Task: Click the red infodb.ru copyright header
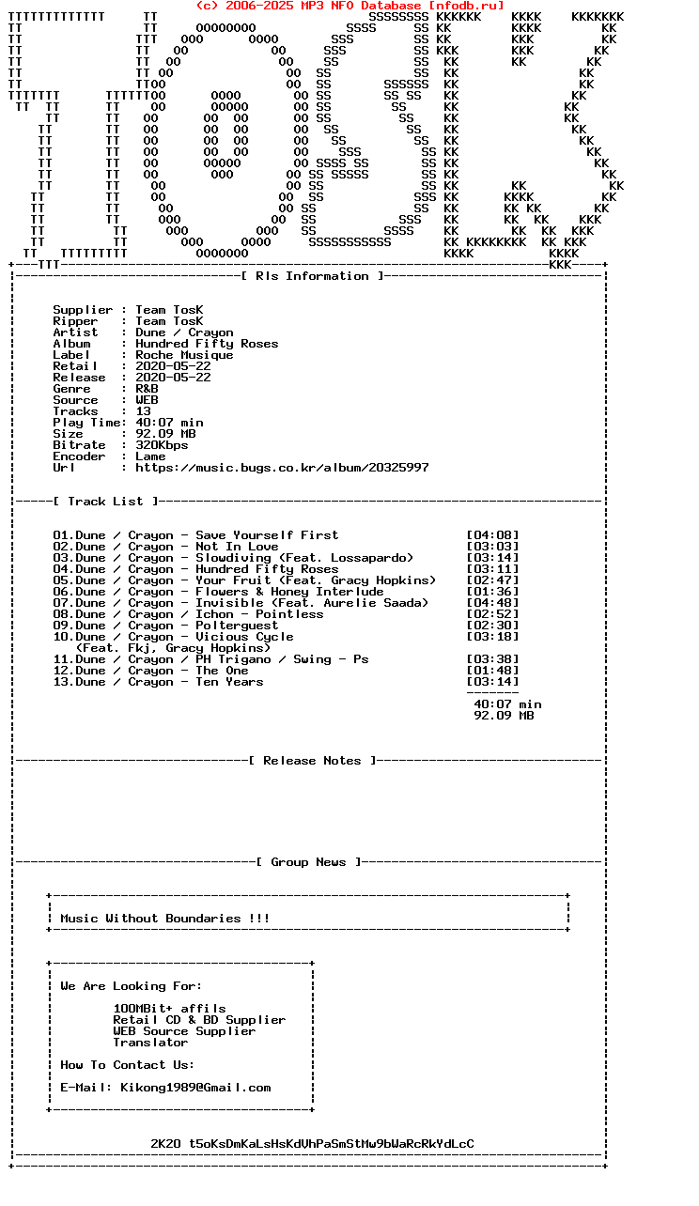[349, 6]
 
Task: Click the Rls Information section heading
[312, 276]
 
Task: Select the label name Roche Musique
[184, 355]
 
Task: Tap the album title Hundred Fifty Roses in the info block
[207, 344]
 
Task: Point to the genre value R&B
[147, 389]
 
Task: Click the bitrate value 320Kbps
[162, 445]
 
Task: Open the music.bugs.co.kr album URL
[282, 468]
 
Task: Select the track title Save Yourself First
[267, 535]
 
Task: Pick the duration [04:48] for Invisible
[492, 603]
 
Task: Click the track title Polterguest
[237, 626]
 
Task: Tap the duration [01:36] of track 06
[492, 592]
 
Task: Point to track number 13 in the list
[63, 682]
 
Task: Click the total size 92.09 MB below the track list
[504, 716]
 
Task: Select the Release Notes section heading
[312, 761]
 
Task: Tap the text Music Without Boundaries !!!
[165, 919]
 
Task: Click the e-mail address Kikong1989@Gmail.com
[195, 1088]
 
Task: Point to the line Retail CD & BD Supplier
[199, 1020]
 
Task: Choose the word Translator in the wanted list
[150, 1043]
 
